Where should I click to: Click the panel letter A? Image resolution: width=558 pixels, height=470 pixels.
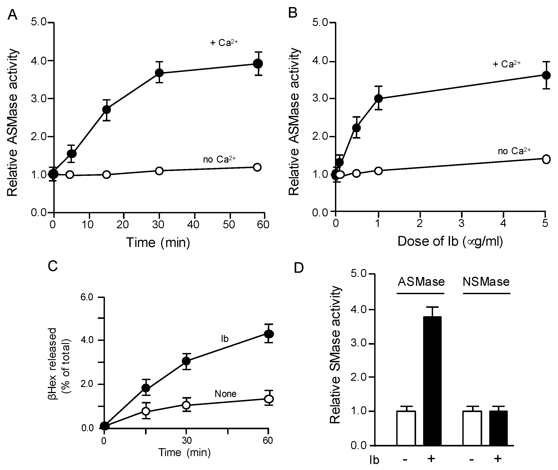coord(12,15)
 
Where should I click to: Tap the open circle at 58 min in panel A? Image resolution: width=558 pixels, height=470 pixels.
coord(257,167)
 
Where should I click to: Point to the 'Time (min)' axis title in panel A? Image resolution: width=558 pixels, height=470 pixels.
coord(158,242)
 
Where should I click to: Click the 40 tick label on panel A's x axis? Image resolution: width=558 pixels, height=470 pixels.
coord(193,225)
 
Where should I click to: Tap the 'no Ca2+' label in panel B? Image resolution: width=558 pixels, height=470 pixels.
coord(514,151)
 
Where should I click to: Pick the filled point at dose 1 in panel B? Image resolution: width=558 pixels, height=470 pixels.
coord(378,98)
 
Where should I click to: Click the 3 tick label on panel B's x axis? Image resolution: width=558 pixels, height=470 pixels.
coord(461,223)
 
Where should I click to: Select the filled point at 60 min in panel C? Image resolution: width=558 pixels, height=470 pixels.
coord(269,334)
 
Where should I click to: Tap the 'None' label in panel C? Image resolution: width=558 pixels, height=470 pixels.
coord(225,394)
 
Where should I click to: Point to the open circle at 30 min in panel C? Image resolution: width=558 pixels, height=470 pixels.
coord(186,405)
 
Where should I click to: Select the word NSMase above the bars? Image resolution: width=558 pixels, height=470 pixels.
coord(486,282)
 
